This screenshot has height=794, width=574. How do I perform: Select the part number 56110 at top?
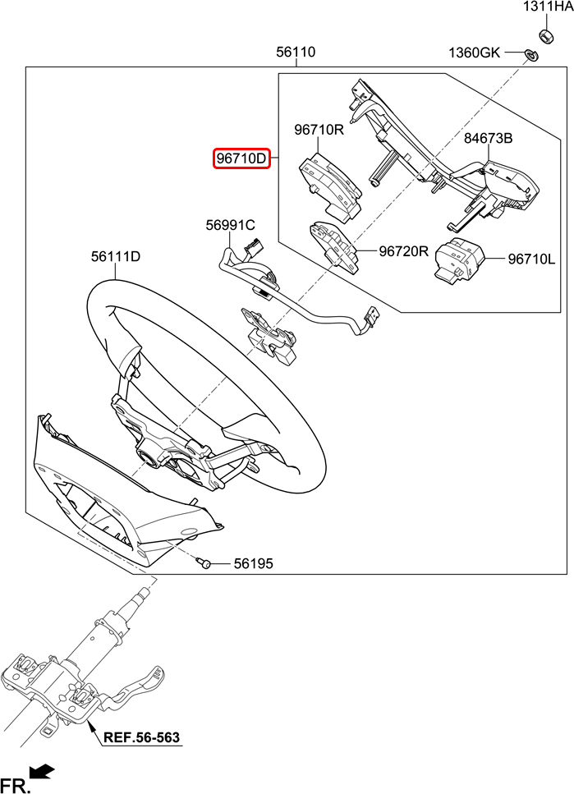point(296,53)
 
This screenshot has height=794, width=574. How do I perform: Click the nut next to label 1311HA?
point(544,35)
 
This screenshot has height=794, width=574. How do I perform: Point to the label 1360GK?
point(474,53)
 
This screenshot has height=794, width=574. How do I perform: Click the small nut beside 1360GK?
point(530,55)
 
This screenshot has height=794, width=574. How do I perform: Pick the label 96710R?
point(319,130)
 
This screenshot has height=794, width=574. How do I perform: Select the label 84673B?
point(488,139)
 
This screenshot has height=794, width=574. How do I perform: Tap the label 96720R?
point(404,251)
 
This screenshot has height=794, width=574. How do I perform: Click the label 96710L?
point(531,259)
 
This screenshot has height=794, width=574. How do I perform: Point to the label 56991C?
point(230,225)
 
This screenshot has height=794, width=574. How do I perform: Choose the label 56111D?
point(115,257)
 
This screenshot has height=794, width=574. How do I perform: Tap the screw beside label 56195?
point(205,563)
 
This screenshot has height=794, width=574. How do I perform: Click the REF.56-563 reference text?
point(141,737)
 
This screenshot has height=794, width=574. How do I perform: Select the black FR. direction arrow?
point(42,771)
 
